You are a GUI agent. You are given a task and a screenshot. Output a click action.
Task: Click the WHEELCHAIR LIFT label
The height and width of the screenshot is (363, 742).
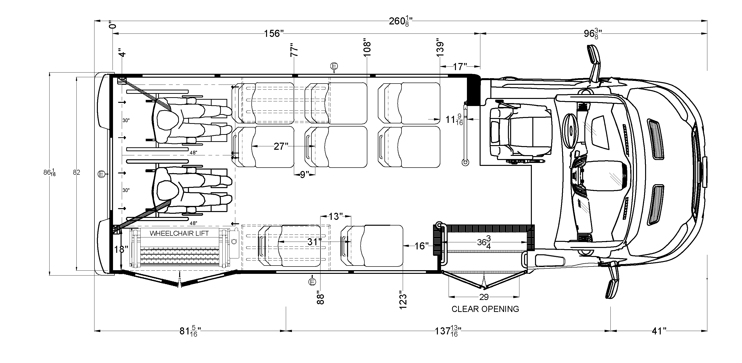pyautogui.click(x=179, y=233)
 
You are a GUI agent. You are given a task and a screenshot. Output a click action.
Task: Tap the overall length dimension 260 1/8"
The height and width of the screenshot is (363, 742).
pyautogui.click(x=400, y=21)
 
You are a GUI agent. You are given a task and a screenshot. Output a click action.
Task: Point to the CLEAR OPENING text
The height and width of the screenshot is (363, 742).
pyautogui.click(x=485, y=309)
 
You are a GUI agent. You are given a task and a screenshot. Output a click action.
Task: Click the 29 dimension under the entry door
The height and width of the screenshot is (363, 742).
pyautogui.click(x=484, y=297)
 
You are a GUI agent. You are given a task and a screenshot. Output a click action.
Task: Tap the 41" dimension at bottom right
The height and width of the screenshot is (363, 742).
pyautogui.click(x=659, y=331)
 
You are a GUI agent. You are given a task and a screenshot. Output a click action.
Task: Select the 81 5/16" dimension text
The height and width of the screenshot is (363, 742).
pyautogui.click(x=190, y=331)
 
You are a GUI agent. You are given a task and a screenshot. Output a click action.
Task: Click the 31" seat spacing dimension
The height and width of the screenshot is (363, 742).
pyautogui.click(x=314, y=242)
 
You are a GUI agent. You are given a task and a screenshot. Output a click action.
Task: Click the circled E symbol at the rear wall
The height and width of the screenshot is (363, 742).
pyautogui.click(x=101, y=174)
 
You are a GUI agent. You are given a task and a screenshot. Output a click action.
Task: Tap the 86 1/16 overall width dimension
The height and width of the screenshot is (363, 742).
pyautogui.click(x=49, y=173)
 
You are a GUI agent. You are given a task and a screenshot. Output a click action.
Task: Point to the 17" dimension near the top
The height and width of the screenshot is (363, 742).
pyautogui.click(x=459, y=67)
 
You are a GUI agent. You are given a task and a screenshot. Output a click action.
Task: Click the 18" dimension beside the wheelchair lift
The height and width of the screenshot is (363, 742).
pyautogui.click(x=121, y=249)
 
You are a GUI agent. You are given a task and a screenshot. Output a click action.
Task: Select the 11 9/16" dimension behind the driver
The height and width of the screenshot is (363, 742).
pyautogui.click(x=454, y=120)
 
